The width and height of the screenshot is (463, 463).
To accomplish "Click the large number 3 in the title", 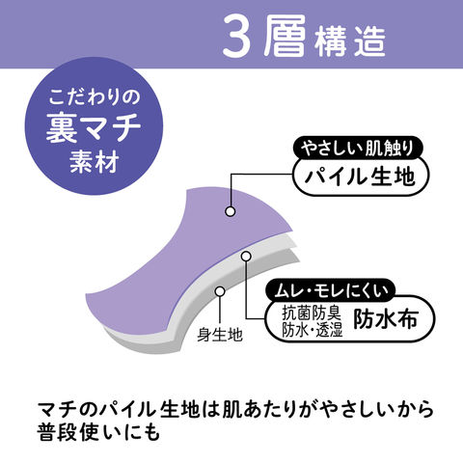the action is (236, 37).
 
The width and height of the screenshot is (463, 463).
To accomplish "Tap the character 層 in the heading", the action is (285, 37).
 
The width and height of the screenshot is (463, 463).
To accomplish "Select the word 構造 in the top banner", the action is (350, 41).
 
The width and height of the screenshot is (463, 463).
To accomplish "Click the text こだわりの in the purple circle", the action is (95, 97).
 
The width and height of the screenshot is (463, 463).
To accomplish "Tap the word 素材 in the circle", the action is (94, 161).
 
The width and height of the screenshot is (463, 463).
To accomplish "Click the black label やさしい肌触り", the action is (358, 149).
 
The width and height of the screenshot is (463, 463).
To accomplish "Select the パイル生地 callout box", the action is (361, 177).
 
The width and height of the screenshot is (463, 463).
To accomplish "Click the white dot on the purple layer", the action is (231, 211).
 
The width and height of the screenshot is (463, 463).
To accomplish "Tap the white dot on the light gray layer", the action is (246, 256).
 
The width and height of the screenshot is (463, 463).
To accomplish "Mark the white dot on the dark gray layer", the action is (220, 291).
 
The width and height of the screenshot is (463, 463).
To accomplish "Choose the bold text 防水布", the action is (386, 319).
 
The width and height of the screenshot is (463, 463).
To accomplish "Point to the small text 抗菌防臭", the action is (311, 313).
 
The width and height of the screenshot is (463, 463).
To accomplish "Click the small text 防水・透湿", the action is (313, 329).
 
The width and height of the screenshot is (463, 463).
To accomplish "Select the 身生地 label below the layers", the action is (220, 335).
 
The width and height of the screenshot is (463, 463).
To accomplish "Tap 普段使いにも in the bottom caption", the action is (98, 432).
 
